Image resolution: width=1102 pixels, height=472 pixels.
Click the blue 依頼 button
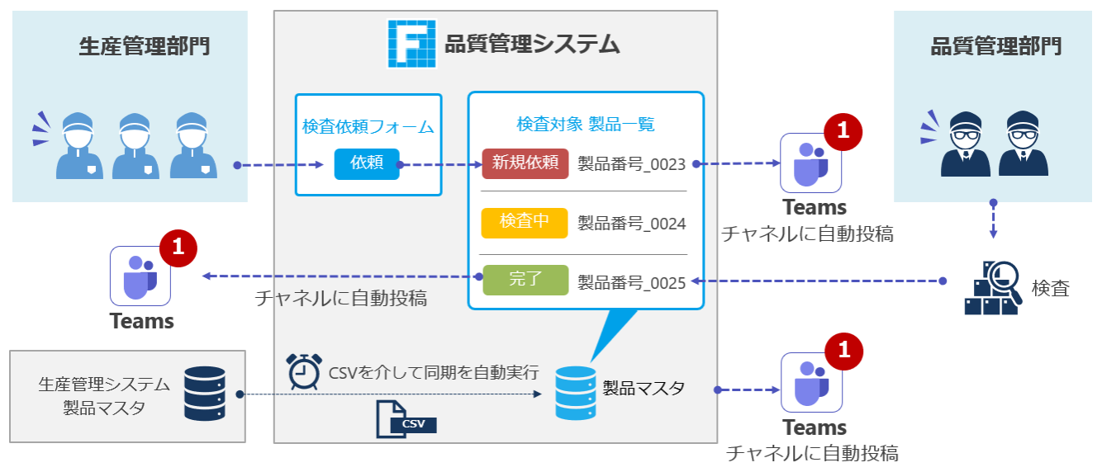tap(367, 163)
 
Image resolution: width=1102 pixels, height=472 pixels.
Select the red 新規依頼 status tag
tap(525, 163)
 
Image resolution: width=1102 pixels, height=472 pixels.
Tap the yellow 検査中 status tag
tap(525, 223)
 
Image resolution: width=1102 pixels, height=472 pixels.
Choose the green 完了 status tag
tap(525, 280)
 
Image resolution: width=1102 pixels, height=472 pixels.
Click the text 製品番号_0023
tap(632, 164)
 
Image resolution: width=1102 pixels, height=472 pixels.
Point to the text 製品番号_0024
tap(632, 224)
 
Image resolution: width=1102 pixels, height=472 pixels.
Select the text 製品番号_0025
tap(632, 283)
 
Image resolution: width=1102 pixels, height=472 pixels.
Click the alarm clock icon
tap(303, 371)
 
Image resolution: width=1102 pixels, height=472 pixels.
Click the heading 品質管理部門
tap(996, 46)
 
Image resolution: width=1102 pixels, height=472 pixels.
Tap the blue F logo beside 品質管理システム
tap(411, 43)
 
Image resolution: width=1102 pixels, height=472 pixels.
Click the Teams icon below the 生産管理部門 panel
tap(140, 276)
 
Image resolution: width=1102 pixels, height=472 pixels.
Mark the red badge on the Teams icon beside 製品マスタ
tap(843, 351)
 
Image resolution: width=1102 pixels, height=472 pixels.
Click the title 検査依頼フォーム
tap(368, 127)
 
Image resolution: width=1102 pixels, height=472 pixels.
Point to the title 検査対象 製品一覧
tap(585, 124)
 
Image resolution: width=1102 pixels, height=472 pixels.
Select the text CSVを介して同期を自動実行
tap(434, 372)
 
